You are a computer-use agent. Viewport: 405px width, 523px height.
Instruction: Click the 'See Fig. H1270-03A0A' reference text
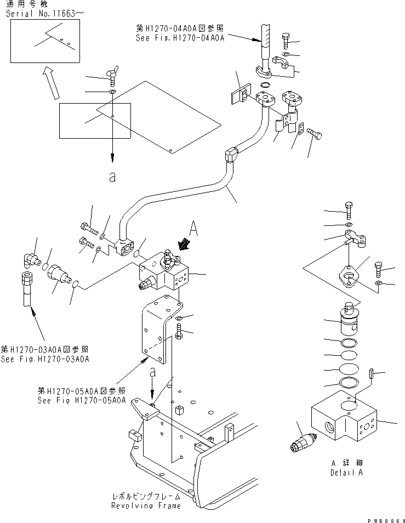click(45, 359)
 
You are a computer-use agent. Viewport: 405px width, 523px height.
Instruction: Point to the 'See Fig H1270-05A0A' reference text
click(81, 400)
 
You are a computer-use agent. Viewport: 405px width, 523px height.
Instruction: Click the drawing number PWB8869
click(386, 519)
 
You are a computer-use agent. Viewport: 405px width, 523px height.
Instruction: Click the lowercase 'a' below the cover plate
click(112, 178)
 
